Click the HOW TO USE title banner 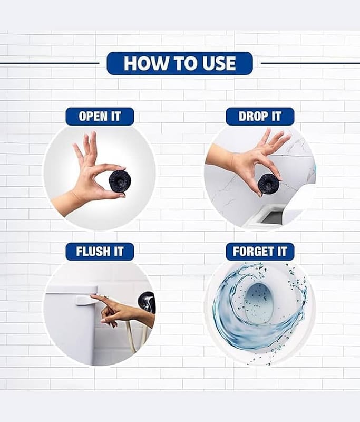coord(180,63)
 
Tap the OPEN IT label coord(100,117)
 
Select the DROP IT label coord(260,117)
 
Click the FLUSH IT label coord(100,252)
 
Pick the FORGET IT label coord(260,252)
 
